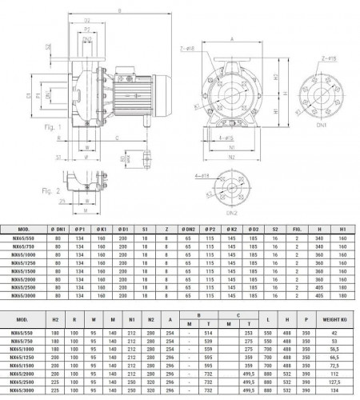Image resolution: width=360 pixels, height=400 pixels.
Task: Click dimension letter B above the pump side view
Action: pos(119,10)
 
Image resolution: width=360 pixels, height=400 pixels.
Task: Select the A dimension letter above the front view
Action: pos(230,38)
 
